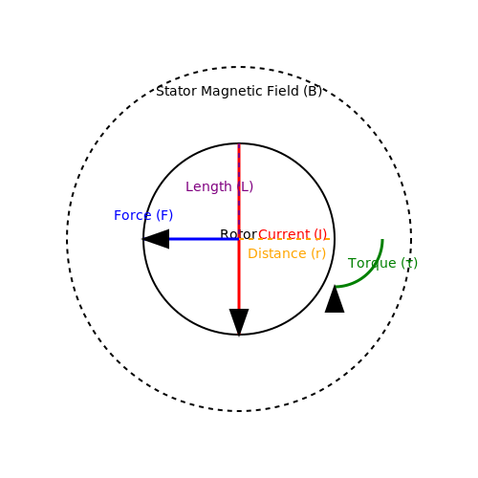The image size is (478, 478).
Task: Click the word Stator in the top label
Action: (176, 91)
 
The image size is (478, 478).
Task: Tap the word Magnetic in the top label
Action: (232, 92)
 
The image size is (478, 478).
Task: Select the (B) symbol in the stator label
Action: (313, 92)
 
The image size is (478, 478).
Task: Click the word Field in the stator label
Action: (283, 91)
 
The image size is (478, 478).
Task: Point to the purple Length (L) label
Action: (219, 186)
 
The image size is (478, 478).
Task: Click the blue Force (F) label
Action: (143, 215)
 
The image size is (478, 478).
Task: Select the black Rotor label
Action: (238, 234)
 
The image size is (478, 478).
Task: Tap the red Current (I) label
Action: (293, 234)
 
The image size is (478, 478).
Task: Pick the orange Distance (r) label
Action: (287, 253)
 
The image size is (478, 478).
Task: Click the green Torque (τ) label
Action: (382, 263)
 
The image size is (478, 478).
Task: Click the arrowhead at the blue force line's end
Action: (156, 239)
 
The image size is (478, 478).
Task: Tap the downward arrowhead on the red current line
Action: (239, 322)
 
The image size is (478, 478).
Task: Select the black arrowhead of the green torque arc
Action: (335, 299)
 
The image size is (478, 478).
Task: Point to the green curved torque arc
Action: (368, 272)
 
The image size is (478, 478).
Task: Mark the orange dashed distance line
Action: (285, 239)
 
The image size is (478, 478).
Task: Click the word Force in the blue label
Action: (133, 215)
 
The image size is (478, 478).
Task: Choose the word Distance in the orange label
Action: (277, 253)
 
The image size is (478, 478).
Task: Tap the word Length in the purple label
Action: (208, 187)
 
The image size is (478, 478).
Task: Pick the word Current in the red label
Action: (284, 234)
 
